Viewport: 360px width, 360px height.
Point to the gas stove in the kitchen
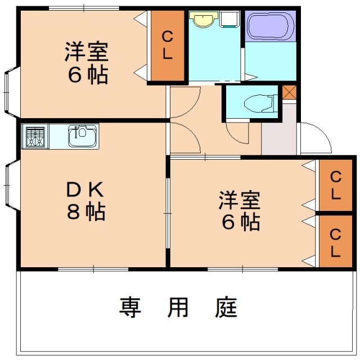(x=35, y=136)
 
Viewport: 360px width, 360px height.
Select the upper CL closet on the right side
(x=335, y=186)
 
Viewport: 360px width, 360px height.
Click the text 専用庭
(x=178, y=308)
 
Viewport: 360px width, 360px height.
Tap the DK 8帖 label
(x=86, y=201)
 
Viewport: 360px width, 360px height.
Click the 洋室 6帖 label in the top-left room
(x=86, y=64)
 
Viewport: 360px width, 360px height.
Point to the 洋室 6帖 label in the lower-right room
(x=239, y=211)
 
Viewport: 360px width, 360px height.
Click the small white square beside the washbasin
(x=229, y=20)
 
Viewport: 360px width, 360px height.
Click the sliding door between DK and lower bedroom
(x=167, y=213)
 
